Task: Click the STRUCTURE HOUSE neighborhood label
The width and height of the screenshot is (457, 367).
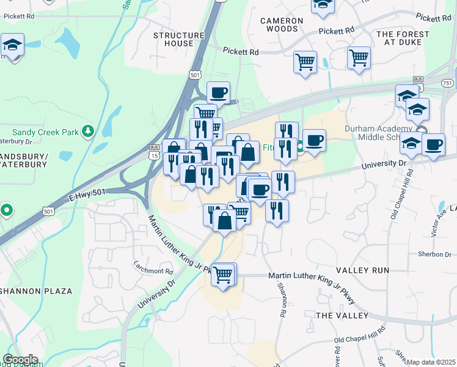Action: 178,39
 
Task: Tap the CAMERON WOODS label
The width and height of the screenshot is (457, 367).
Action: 282,24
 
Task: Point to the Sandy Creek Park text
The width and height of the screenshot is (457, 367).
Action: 46,132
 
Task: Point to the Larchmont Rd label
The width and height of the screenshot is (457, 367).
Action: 153,270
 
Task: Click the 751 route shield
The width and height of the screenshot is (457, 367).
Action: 447,83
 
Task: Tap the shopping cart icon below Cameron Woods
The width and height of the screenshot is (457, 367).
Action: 305,61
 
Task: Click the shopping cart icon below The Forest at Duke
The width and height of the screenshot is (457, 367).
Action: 359,58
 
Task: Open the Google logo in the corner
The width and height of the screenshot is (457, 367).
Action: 20,360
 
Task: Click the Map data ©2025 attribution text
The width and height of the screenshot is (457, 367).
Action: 431,362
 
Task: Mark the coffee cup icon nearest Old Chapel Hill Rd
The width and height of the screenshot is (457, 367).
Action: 434,145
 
